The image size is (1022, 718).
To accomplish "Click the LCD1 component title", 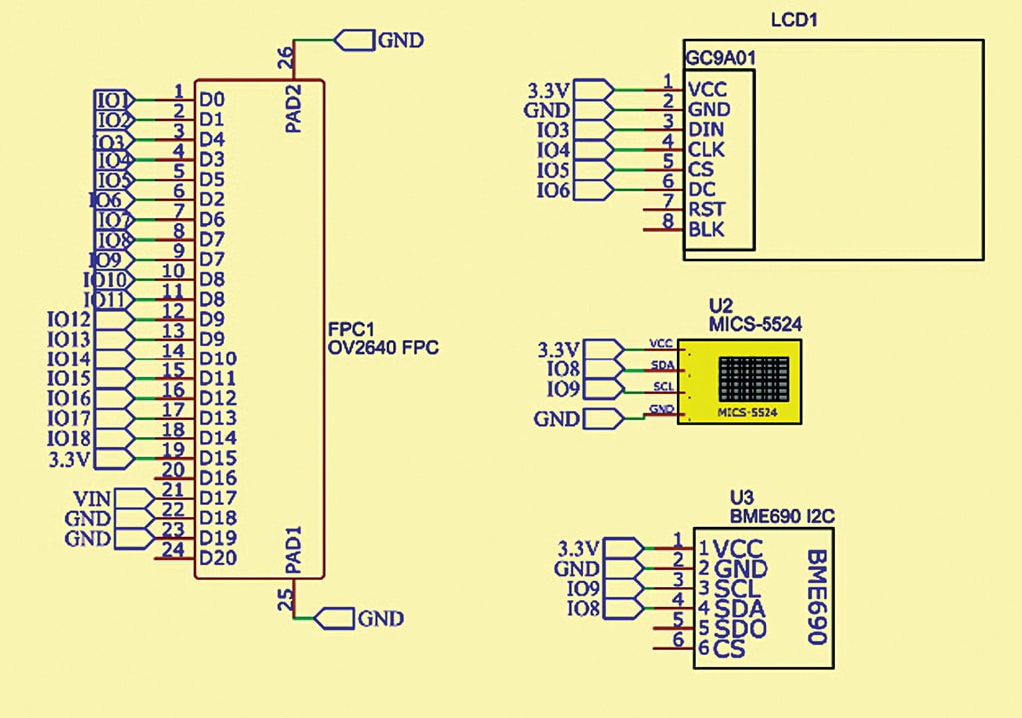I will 795,20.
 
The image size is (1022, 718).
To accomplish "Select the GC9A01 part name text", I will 719,58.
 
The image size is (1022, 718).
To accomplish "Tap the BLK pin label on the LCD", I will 707,231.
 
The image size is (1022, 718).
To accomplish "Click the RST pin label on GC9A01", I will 706,210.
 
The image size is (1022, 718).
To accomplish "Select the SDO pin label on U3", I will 740,629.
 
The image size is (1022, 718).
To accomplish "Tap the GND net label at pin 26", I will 400,40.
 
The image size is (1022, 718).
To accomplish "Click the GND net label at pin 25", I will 380,619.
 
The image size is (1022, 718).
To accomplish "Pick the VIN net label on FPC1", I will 93,498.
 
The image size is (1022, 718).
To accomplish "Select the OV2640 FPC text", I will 383,348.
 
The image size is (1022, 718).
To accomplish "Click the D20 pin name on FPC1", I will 217,557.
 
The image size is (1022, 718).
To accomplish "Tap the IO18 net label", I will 69,438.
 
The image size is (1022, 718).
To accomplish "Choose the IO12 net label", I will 69,320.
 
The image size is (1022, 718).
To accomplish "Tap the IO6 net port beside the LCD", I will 554,190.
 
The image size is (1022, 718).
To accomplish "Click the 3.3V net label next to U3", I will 579,548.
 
